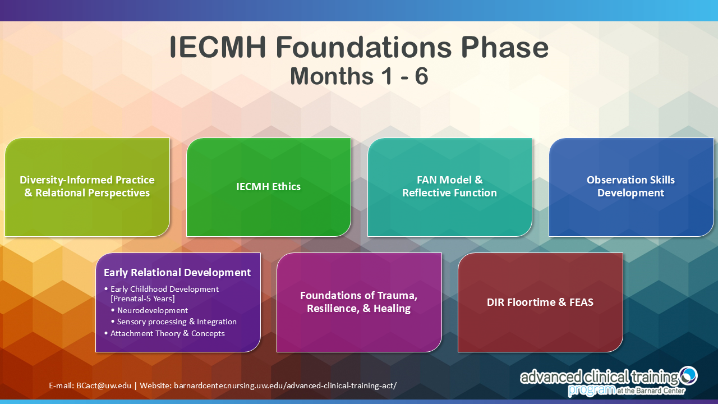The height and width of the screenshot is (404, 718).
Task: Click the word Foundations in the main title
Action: click(x=363, y=47)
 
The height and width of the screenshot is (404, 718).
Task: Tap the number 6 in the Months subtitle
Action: click(x=421, y=76)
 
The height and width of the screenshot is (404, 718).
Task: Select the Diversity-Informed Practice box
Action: click(x=87, y=187)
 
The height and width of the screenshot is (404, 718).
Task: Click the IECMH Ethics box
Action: click(x=269, y=187)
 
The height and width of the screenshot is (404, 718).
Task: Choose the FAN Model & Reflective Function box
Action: click(x=450, y=187)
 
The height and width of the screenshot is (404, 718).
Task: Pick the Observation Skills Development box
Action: click(x=631, y=187)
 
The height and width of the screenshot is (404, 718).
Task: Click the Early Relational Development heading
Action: click(x=177, y=273)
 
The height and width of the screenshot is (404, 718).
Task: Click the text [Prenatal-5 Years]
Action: click(x=142, y=299)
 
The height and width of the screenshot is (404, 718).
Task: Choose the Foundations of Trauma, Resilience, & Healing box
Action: click(x=359, y=302)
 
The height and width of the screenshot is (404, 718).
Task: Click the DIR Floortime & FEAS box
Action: click(x=540, y=302)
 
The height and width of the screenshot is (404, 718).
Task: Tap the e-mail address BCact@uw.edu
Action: click(x=104, y=385)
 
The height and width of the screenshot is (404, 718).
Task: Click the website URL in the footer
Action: click(x=286, y=385)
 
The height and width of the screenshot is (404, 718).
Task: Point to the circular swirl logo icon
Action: click(x=688, y=375)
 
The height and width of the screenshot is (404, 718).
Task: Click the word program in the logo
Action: click(x=591, y=389)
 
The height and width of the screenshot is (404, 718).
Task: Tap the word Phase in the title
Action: click(x=505, y=47)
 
